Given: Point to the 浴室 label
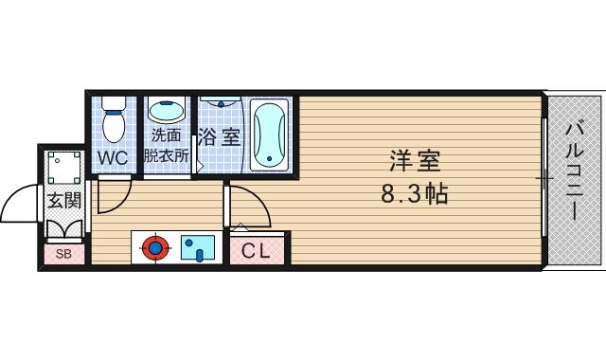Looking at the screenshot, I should pyautogui.click(x=221, y=136).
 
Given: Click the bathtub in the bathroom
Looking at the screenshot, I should pyautogui.click(x=269, y=135).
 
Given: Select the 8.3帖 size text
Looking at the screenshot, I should pyautogui.click(x=415, y=195).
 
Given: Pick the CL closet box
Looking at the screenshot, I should pyautogui.click(x=256, y=251).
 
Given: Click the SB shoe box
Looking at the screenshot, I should pyautogui.click(x=63, y=254).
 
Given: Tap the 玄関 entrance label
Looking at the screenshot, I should pyautogui.click(x=64, y=200).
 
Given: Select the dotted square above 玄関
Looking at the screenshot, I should pyautogui.click(x=65, y=167).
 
